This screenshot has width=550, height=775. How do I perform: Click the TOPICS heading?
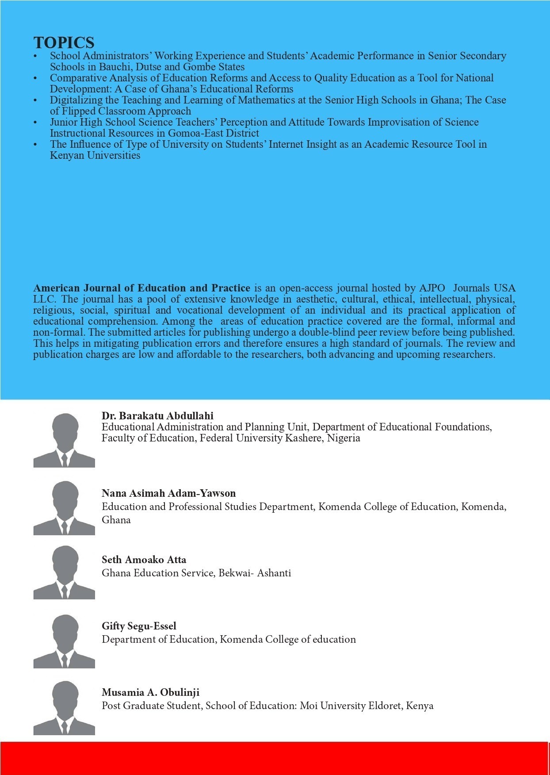coord(64,43)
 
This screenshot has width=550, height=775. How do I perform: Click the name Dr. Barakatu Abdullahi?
coord(157,416)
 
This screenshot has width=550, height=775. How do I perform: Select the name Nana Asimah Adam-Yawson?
coord(168,493)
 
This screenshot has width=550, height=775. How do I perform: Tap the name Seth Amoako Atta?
coord(144,560)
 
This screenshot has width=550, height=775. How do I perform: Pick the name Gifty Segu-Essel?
coord(139,626)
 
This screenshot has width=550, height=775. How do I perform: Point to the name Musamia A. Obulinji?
coord(150,692)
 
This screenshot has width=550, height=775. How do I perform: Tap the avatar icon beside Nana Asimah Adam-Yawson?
coord(64,508)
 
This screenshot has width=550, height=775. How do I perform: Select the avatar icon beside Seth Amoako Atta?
coord(64,572)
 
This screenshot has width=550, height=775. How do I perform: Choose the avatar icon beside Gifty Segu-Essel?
coord(64,641)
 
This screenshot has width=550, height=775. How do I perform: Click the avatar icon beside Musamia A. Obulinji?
coord(64,708)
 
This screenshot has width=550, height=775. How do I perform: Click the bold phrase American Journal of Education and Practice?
coord(141,288)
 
